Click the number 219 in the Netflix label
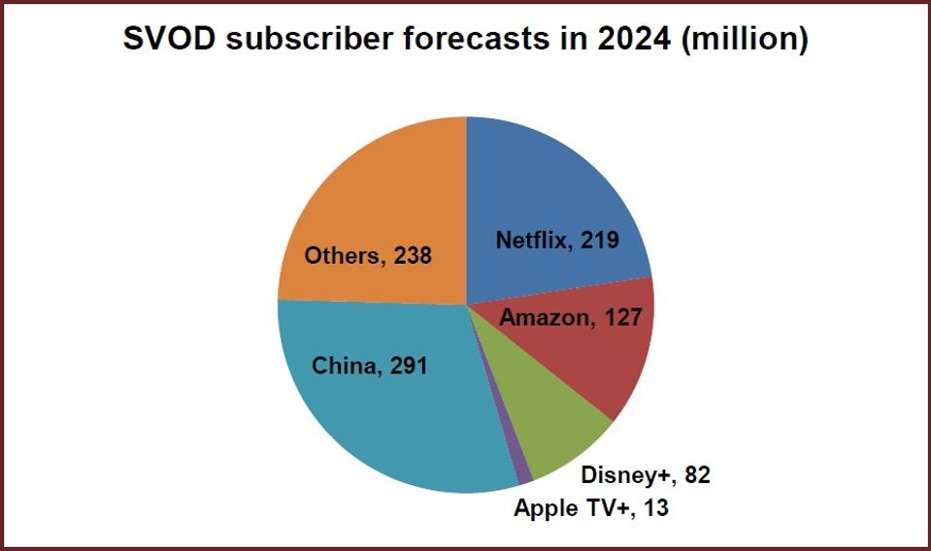[x=598, y=240]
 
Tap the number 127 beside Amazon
[x=621, y=317]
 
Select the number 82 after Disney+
[x=696, y=475]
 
